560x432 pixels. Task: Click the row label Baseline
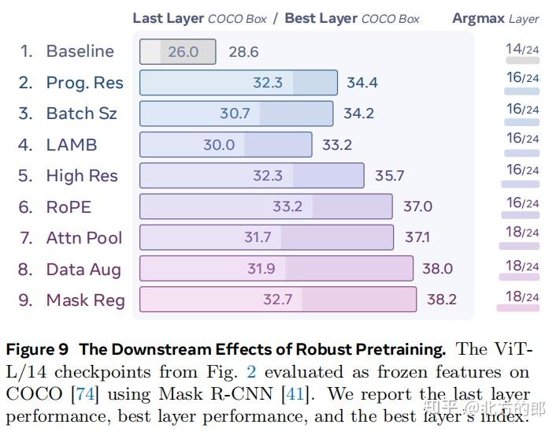pyautogui.click(x=80, y=51)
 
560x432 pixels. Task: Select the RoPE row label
pyautogui.click(x=69, y=207)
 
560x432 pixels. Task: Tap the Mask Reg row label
pyautogui.click(x=85, y=300)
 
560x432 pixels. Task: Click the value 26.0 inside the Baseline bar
pyautogui.click(x=183, y=52)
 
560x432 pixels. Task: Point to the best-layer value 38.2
pyautogui.click(x=441, y=300)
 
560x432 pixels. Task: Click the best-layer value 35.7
pyautogui.click(x=389, y=176)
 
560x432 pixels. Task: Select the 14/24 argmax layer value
pyautogui.click(x=522, y=50)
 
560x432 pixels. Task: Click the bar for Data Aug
pyautogui.click(x=276, y=269)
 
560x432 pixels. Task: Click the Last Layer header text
pyautogui.click(x=169, y=18)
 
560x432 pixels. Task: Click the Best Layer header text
pyautogui.click(x=321, y=18)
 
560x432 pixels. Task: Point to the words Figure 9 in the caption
pyautogui.click(x=38, y=348)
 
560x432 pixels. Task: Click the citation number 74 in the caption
pyautogui.click(x=83, y=393)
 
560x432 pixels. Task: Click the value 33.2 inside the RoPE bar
pyautogui.click(x=287, y=207)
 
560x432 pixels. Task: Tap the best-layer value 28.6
pyautogui.click(x=243, y=52)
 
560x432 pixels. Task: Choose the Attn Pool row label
pyautogui.click(x=83, y=238)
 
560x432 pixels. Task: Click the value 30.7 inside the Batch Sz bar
pyautogui.click(x=235, y=114)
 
